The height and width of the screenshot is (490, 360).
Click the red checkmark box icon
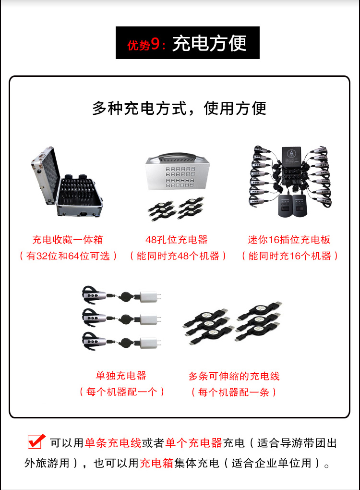(x=36, y=441)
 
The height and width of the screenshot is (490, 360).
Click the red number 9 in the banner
(x=155, y=44)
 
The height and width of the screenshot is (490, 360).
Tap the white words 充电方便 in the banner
(x=209, y=43)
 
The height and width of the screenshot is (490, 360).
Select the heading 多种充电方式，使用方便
(x=179, y=109)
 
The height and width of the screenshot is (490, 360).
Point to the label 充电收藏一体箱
(x=68, y=240)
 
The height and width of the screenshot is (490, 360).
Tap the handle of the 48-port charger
(x=177, y=157)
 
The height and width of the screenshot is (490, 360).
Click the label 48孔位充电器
(x=177, y=240)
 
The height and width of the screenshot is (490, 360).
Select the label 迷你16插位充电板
(x=289, y=240)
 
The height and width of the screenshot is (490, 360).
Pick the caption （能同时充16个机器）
(x=290, y=256)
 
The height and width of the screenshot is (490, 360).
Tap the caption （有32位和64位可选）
(x=68, y=256)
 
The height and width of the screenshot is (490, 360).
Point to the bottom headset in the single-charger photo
(x=93, y=341)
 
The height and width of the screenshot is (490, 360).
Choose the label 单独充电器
(x=121, y=375)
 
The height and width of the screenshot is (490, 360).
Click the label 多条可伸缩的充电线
(x=234, y=376)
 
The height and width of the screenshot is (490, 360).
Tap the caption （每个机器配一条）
(x=234, y=392)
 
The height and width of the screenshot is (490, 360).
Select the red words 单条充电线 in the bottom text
(x=113, y=443)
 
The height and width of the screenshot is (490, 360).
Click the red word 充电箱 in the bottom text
(x=156, y=463)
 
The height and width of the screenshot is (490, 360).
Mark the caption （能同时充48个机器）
(x=178, y=256)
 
